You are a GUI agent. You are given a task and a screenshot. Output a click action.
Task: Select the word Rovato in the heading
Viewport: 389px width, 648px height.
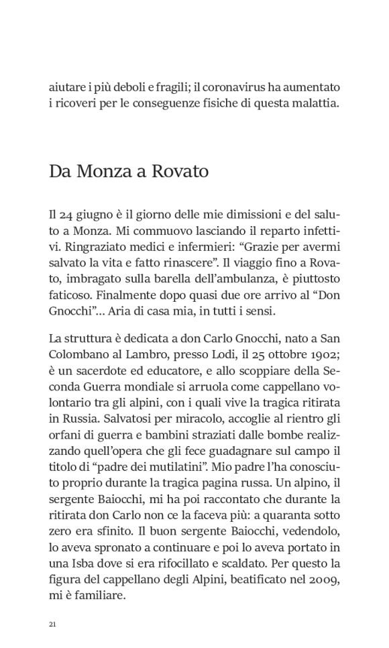(181, 171)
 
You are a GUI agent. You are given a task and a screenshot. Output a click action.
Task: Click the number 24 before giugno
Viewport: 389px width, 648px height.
(64, 215)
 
